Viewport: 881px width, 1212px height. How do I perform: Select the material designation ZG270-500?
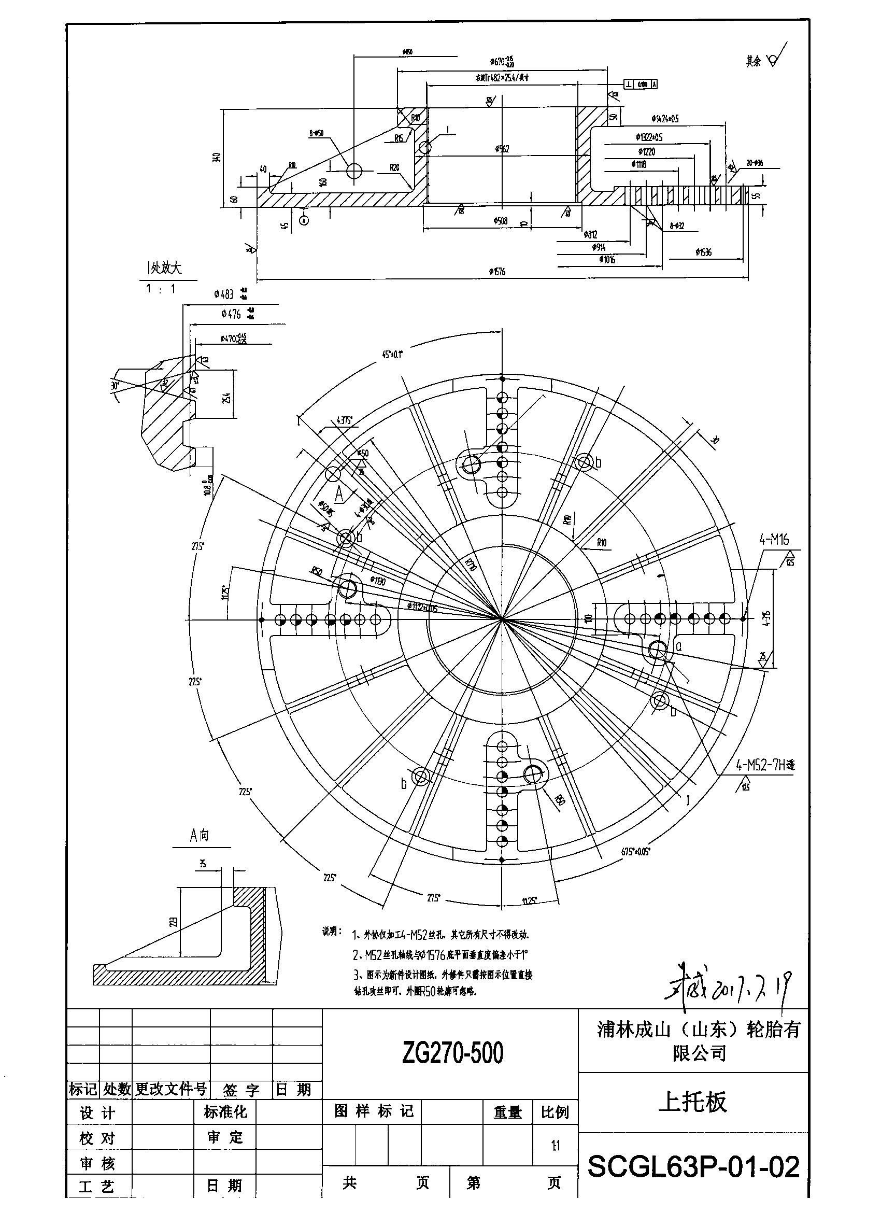pos(452,1053)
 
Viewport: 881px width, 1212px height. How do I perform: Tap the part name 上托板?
pos(692,1102)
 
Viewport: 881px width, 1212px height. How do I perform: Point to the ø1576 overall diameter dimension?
pos(496,272)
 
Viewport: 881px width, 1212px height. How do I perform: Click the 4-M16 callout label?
pos(774,540)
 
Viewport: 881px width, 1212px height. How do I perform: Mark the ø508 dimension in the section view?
pos(501,221)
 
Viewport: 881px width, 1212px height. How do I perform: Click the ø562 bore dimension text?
pos(502,149)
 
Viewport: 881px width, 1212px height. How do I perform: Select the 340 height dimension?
pos(216,158)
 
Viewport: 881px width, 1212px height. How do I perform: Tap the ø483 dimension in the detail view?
pos(224,294)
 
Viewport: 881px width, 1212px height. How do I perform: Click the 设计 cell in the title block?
pos(97,1114)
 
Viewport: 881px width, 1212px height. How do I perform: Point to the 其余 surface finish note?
pos(754,62)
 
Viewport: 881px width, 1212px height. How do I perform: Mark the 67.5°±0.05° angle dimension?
pos(636,852)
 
